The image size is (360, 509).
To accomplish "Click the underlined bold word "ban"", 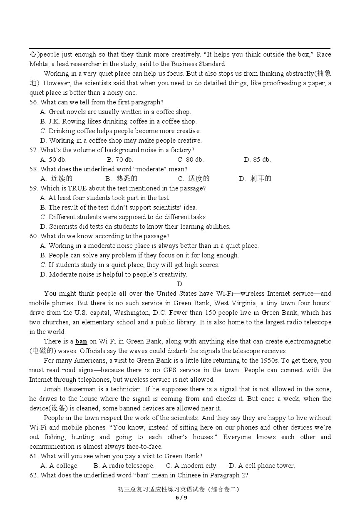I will (x=81, y=341).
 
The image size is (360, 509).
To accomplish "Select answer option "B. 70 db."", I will (x=120, y=160).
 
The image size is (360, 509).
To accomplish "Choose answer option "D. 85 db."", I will (x=257, y=160).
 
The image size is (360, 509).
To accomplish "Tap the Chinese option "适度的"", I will (x=199, y=179).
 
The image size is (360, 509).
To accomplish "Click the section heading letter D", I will (x=180, y=284).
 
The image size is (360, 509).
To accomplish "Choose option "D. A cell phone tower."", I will (x=262, y=466).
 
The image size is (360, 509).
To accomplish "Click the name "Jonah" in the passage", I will (x=53, y=389).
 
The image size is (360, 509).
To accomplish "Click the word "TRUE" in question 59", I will (x=77, y=188).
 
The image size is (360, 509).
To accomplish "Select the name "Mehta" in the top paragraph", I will (x=38, y=64).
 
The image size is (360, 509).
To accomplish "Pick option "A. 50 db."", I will (x=53, y=160).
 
